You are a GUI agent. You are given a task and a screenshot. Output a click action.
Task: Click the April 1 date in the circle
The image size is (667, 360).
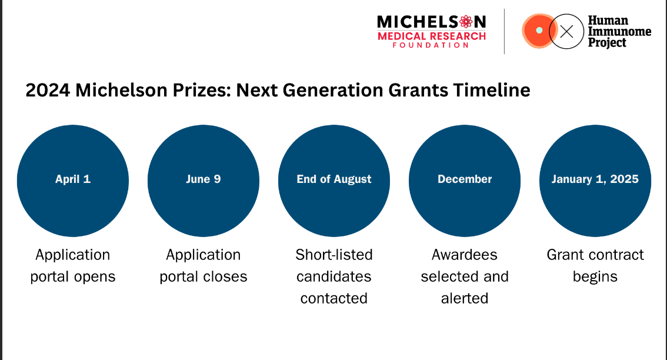(73, 179)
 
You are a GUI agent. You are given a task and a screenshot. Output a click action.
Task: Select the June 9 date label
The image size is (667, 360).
(204, 179)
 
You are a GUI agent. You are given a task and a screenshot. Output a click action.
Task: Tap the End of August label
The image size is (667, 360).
(334, 179)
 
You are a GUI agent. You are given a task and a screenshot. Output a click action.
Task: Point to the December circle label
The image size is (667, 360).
(465, 179)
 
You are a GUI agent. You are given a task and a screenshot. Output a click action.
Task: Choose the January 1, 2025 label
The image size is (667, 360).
(595, 179)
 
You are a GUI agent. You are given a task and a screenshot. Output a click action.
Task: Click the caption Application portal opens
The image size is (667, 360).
(73, 265)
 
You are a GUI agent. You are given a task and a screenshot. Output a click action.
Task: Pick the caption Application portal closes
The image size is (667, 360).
(204, 265)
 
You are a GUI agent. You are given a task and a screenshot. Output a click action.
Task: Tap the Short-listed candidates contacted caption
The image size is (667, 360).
(334, 276)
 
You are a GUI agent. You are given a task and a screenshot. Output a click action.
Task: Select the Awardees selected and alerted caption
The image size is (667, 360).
(465, 276)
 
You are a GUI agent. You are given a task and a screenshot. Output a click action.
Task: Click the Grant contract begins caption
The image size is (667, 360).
(595, 265)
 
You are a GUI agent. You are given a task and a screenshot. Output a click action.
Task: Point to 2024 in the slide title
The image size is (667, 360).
(48, 90)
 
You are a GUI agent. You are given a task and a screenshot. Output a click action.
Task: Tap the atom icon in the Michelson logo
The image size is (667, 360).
(466, 21)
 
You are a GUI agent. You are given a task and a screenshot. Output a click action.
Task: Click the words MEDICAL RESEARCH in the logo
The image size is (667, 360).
(432, 36)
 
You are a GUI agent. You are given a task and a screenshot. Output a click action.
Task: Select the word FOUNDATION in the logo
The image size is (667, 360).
(431, 45)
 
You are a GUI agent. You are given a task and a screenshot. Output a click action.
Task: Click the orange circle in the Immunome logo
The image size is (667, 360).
(537, 31)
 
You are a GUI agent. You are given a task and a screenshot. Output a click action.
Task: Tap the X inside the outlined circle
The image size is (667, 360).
(566, 32)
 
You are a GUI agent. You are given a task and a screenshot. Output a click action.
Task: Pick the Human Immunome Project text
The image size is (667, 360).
(619, 32)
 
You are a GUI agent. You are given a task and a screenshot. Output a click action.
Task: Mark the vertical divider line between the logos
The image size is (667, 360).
(505, 32)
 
